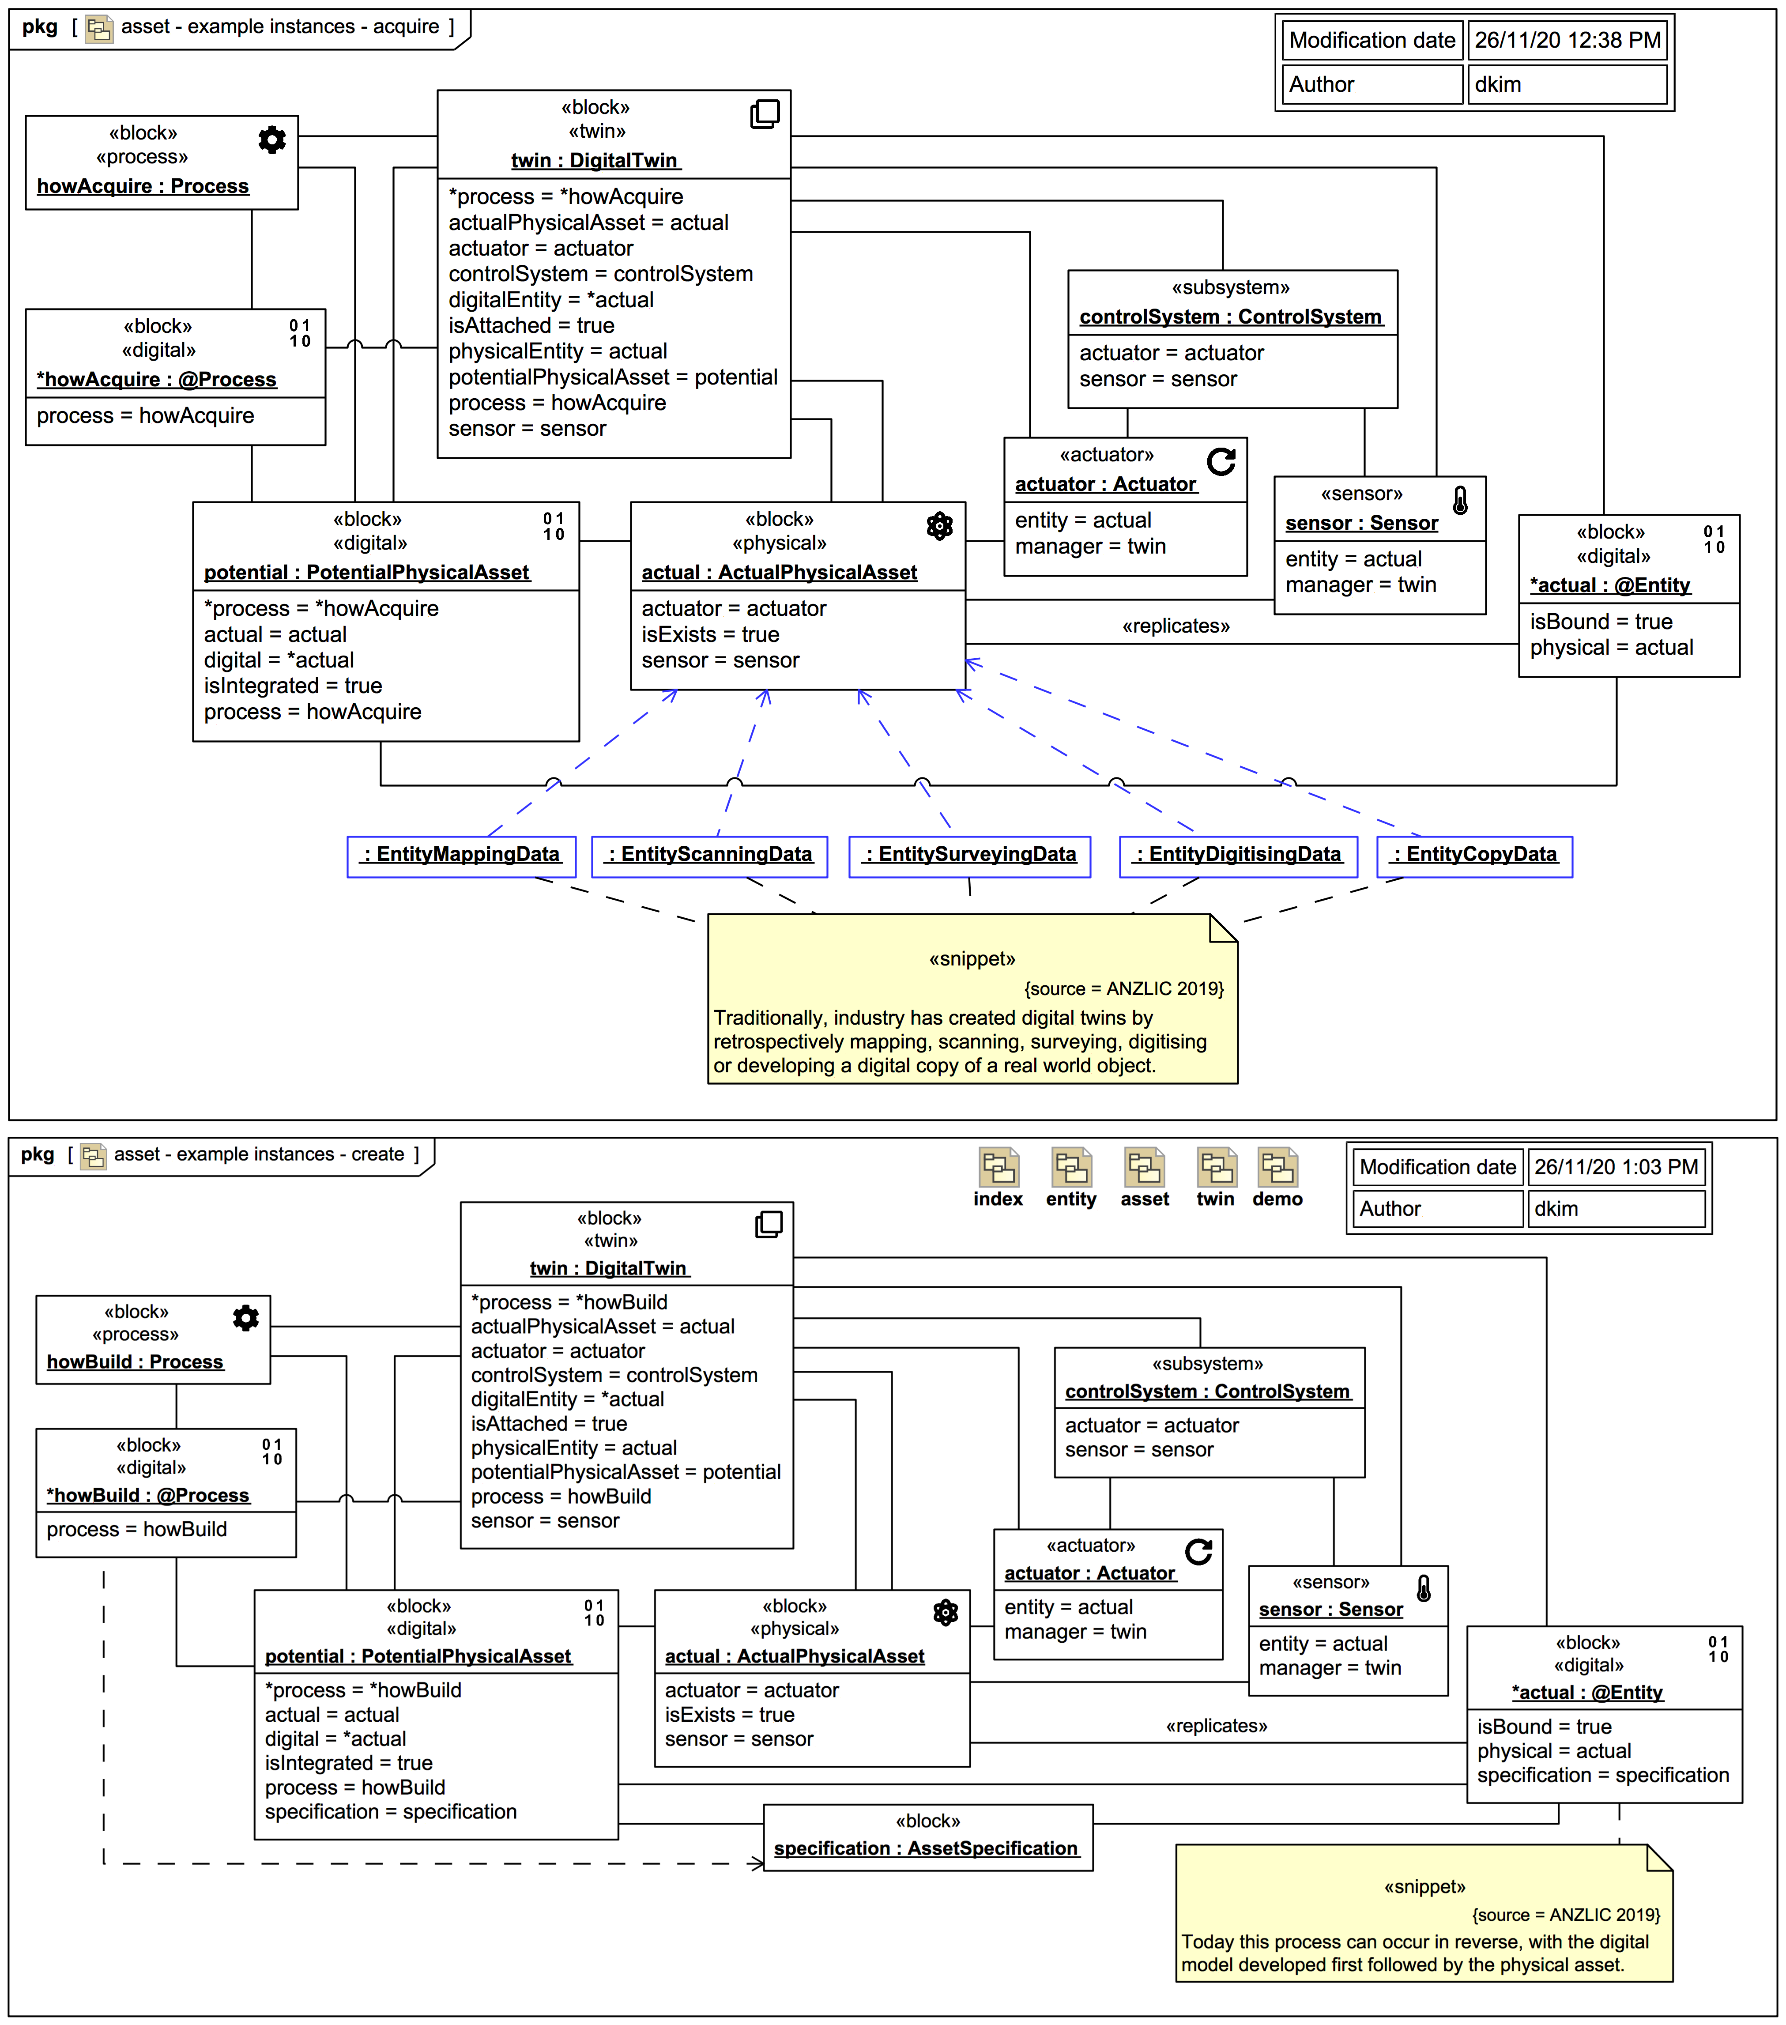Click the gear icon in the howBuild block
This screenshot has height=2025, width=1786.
[246, 1318]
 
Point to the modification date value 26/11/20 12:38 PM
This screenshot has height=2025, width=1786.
[1567, 41]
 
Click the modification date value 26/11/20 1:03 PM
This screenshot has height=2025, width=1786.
[1616, 1167]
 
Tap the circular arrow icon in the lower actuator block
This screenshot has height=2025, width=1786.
[1198, 1551]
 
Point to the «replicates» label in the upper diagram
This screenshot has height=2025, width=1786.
[1176, 626]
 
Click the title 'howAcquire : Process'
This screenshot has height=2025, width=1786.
[143, 186]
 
